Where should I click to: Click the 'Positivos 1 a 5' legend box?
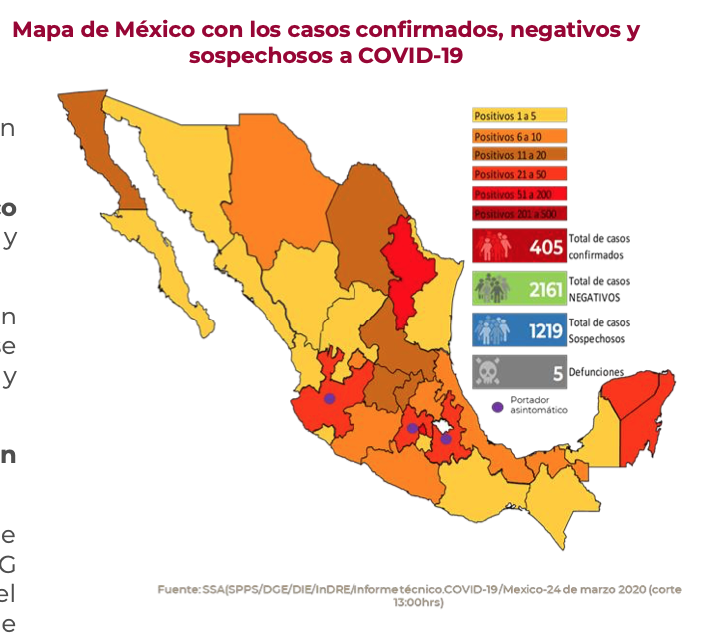click(519, 116)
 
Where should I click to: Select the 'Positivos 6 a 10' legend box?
click(519, 136)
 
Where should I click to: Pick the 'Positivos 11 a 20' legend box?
click(519, 155)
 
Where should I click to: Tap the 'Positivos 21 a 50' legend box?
click(519, 175)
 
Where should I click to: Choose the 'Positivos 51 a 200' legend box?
click(519, 194)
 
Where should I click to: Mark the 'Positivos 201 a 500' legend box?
click(519, 214)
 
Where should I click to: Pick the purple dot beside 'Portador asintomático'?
click(498, 406)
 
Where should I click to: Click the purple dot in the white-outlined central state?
click(446, 438)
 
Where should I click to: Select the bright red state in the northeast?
click(407, 270)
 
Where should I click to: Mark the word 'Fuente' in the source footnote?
click(178, 590)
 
